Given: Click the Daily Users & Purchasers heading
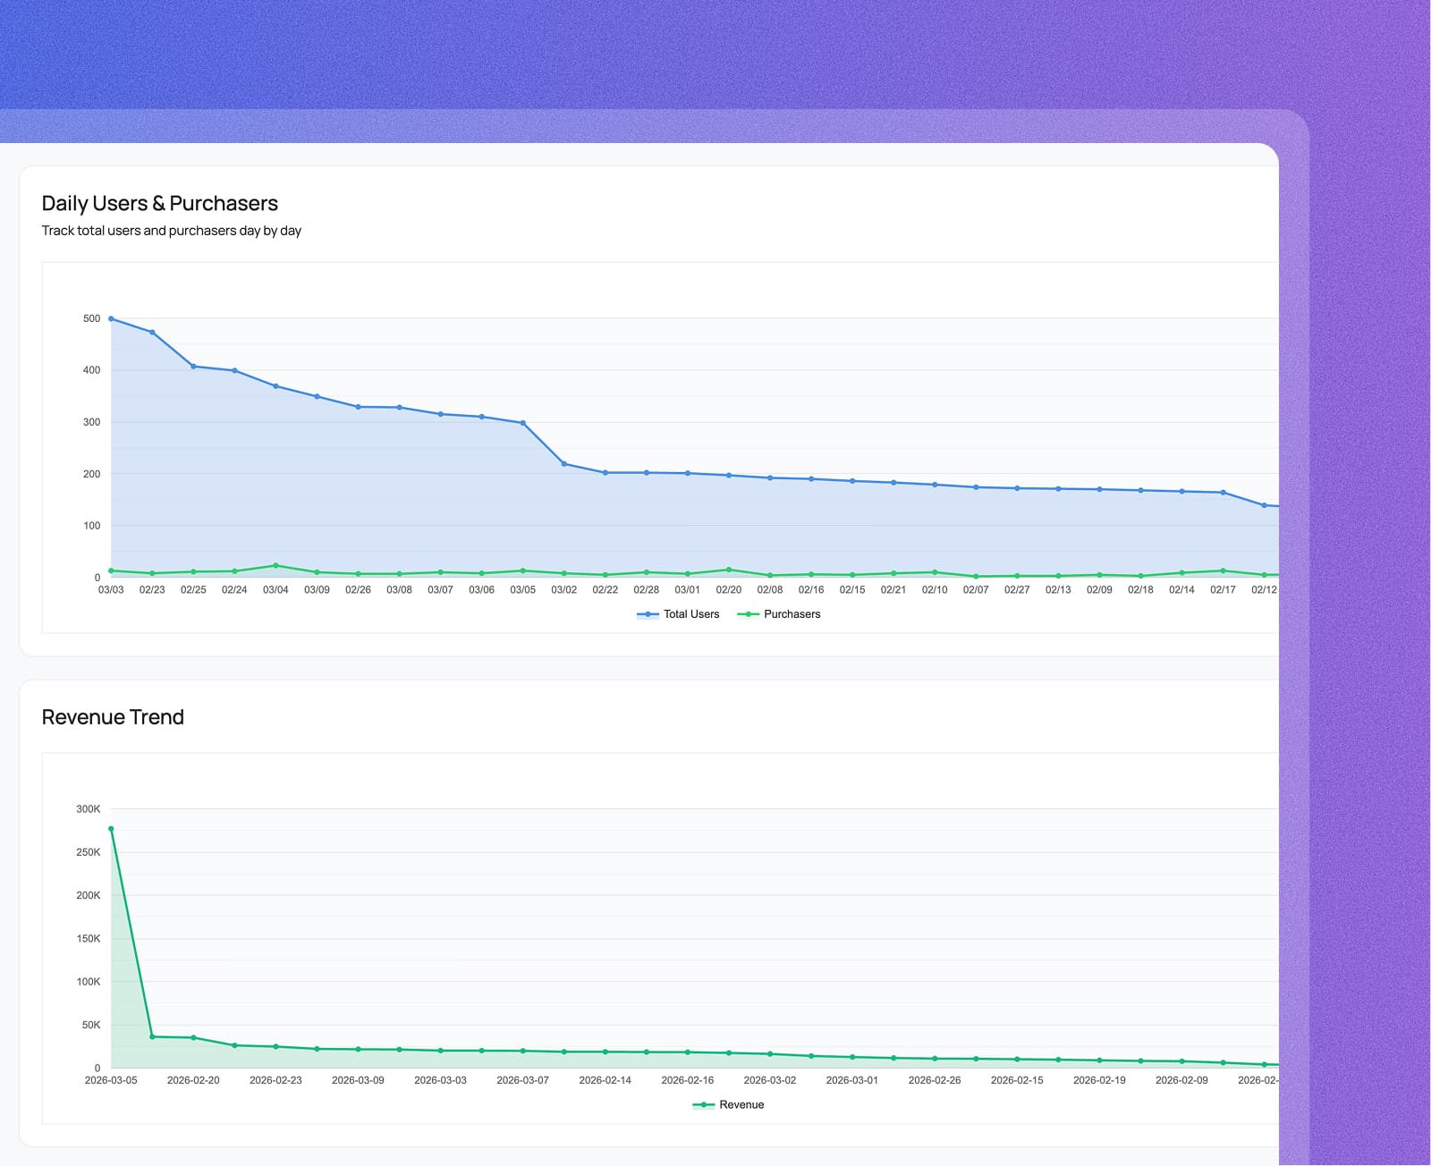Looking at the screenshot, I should tap(159, 204).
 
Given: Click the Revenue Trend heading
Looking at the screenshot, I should tap(113, 717).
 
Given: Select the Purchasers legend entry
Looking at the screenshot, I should tap(779, 614).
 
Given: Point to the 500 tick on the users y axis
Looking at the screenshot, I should tap(91, 318).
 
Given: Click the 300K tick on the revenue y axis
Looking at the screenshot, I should tap(88, 809).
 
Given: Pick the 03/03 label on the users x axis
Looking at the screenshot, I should tap(111, 590).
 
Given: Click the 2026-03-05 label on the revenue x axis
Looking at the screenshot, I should tap(111, 1081).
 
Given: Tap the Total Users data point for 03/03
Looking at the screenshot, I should tap(111, 319).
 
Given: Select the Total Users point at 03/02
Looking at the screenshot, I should tap(564, 464).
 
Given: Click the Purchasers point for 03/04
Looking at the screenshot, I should tap(275, 566).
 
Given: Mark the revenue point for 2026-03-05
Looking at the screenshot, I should tap(111, 829).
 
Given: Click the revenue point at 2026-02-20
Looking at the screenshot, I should tap(193, 1038).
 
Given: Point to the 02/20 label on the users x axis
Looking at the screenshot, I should tap(729, 590).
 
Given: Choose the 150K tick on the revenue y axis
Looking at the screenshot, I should tap(88, 939).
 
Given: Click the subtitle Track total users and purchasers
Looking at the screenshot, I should tap(171, 231).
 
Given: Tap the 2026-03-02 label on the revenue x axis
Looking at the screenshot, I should tap(770, 1081).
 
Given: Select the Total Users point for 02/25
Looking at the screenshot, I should tap(193, 367).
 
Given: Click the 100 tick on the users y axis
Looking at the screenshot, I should tap(91, 526).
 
